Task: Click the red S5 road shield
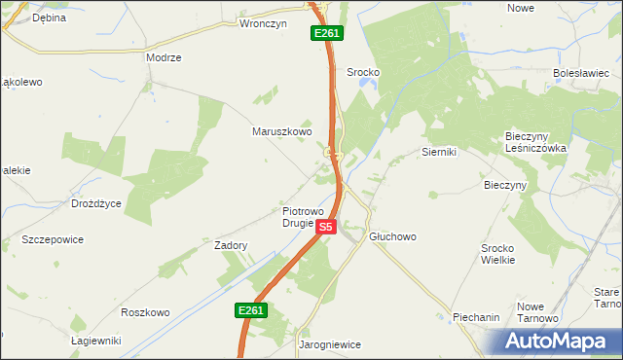326,227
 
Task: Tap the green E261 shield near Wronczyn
326,34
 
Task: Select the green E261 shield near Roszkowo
250,310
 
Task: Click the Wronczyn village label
263,24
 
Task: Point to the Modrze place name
164,57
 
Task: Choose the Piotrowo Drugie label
298,216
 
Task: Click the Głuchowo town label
392,236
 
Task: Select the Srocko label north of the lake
362,72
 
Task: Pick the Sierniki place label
439,152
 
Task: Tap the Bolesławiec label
580,73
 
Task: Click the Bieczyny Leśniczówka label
534,142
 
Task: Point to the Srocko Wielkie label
504,254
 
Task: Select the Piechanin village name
476,317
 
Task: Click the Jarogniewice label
329,343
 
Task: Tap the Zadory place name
231,246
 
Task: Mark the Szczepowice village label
53,239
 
